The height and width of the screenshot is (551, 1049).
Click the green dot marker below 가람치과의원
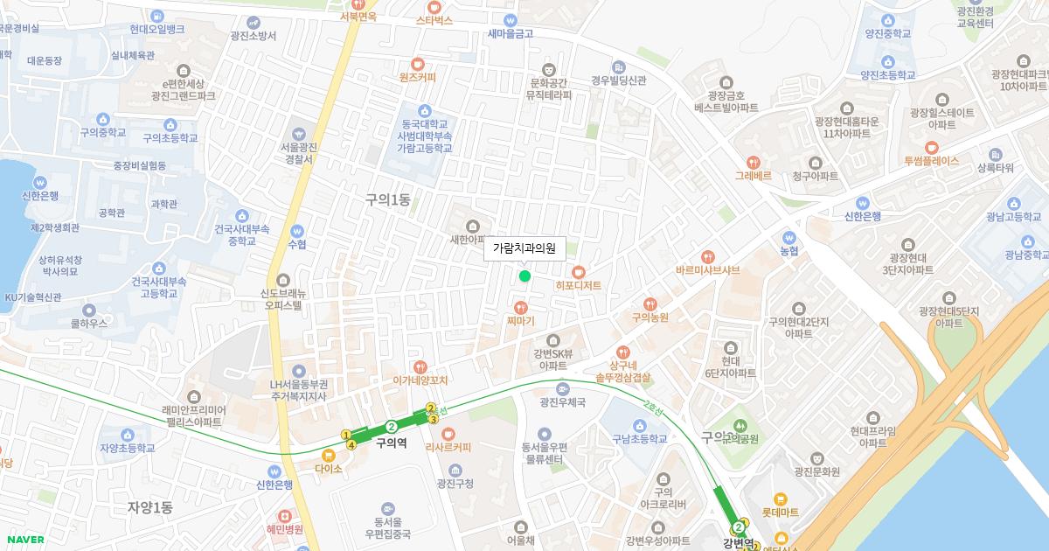[x=524, y=276]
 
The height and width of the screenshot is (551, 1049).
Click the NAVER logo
[x=24, y=540]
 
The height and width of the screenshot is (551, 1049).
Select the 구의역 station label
[x=391, y=443]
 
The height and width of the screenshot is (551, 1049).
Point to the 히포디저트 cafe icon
[x=578, y=272]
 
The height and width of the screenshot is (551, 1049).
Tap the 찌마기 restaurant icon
[x=521, y=307]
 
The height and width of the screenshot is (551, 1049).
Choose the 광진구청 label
[x=455, y=484]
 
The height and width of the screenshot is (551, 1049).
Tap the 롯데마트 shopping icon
[x=781, y=498]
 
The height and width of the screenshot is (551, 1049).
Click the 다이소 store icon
[x=329, y=455]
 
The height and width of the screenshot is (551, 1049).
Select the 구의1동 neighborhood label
[x=388, y=199]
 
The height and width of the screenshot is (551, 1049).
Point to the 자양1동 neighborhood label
[x=150, y=507]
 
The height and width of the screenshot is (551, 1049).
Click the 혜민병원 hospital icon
[x=285, y=515]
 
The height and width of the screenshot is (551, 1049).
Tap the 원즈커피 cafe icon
[x=417, y=63]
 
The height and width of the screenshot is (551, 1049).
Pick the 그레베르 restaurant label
[x=753, y=175]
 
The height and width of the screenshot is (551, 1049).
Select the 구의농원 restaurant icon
[x=650, y=303]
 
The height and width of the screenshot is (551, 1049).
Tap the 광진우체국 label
[x=562, y=402]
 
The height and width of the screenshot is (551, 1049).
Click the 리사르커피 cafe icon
[x=448, y=434]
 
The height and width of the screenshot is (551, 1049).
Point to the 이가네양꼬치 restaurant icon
[x=420, y=367]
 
